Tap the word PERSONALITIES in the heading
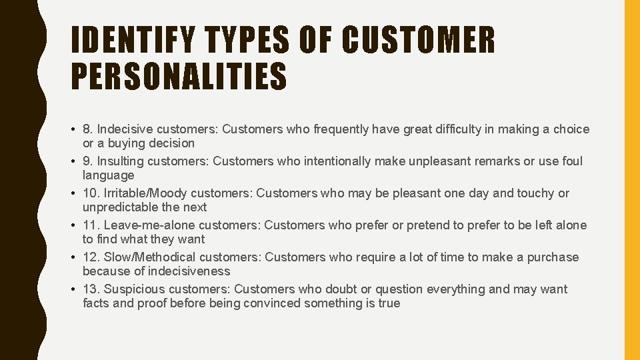click(x=179, y=76)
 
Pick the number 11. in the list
click(x=91, y=225)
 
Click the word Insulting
click(x=121, y=161)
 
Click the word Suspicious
click(x=134, y=289)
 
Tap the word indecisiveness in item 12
click(x=188, y=271)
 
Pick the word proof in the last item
click(x=153, y=303)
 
